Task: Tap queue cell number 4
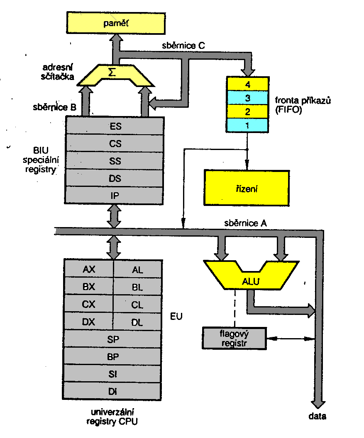[x=248, y=84]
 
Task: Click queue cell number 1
[x=248, y=125]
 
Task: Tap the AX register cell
[x=89, y=269]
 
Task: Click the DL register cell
[x=137, y=322]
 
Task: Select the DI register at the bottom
[x=112, y=391]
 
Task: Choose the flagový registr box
[x=234, y=338]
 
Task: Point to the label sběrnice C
[x=183, y=46]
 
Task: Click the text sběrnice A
[x=245, y=223]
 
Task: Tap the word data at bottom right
[x=317, y=416]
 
